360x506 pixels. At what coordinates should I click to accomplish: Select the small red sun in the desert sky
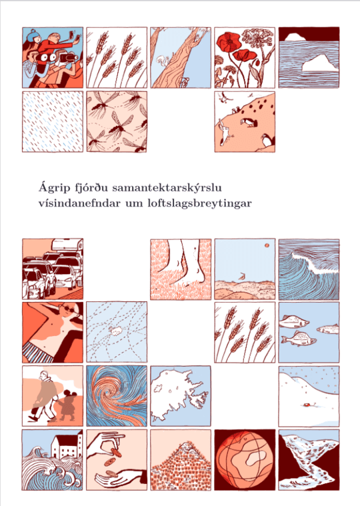265,248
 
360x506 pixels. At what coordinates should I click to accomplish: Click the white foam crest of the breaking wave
307,256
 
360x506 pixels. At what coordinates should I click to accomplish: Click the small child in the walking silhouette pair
67,407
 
